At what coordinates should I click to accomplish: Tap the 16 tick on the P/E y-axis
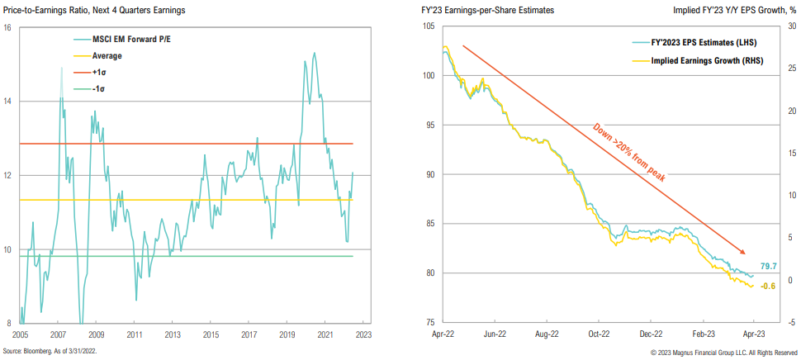pos(8,27)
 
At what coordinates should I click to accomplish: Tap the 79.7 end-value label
pos(768,265)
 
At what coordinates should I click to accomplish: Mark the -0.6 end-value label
pos(768,287)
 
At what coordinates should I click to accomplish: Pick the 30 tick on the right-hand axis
pos(790,27)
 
